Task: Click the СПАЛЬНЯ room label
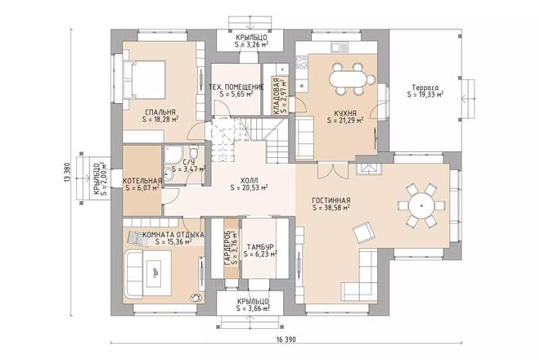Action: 160,112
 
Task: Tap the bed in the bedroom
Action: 144,80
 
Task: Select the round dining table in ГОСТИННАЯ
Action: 421,205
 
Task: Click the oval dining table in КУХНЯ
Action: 349,79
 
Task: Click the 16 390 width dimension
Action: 286,340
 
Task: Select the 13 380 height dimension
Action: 67,172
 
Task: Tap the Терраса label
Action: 425,88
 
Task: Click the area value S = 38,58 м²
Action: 331,208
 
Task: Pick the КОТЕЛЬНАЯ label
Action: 142,181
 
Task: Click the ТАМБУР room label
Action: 260,247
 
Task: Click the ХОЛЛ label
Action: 249,181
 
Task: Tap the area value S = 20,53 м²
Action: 249,187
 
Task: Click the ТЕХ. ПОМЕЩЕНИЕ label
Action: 236,87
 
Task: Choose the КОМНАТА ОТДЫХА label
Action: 173,235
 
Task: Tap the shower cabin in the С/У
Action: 171,155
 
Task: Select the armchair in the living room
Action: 362,233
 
